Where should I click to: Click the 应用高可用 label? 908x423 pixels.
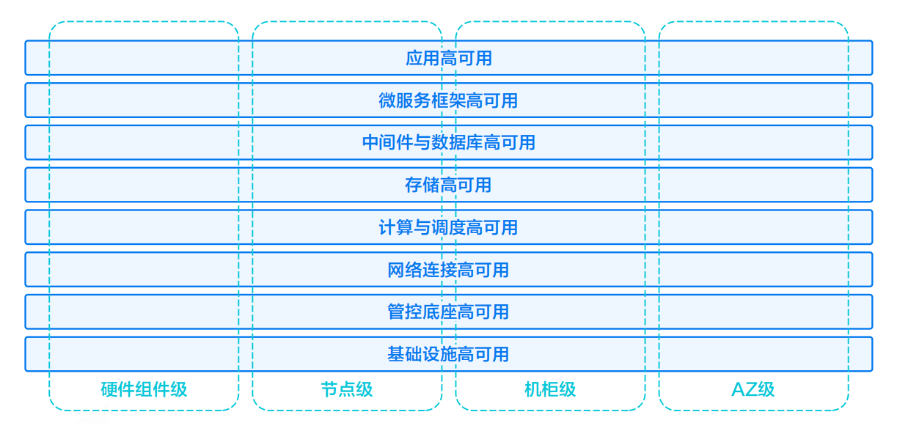click(x=448, y=58)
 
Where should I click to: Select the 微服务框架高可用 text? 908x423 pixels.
click(x=448, y=100)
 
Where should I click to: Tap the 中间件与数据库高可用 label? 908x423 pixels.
click(x=448, y=142)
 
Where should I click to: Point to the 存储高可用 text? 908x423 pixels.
click(x=448, y=185)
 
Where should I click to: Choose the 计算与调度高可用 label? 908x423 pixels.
click(x=448, y=227)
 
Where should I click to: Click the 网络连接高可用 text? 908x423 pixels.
click(x=448, y=270)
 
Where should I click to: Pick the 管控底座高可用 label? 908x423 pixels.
click(x=448, y=312)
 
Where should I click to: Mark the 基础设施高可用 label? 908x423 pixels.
click(x=448, y=354)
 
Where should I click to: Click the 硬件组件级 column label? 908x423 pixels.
click(x=144, y=389)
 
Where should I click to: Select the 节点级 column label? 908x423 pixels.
click(x=347, y=389)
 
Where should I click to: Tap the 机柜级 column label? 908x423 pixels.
click(x=550, y=389)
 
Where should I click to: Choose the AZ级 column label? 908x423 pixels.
click(x=753, y=389)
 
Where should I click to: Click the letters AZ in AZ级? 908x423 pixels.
click(x=744, y=389)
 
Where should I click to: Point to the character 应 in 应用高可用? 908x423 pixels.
click(x=414, y=58)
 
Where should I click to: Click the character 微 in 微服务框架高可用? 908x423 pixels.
click(x=387, y=100)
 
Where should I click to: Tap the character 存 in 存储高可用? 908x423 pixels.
click(x=414, y=185)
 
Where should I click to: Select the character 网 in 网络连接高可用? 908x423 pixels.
click(x=396, y=270)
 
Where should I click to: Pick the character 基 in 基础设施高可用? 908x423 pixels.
click(x=396, y=354)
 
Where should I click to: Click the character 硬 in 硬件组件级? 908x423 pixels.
click(x=109, y=389)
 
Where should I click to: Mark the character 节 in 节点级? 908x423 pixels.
click(x=329, y=389)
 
